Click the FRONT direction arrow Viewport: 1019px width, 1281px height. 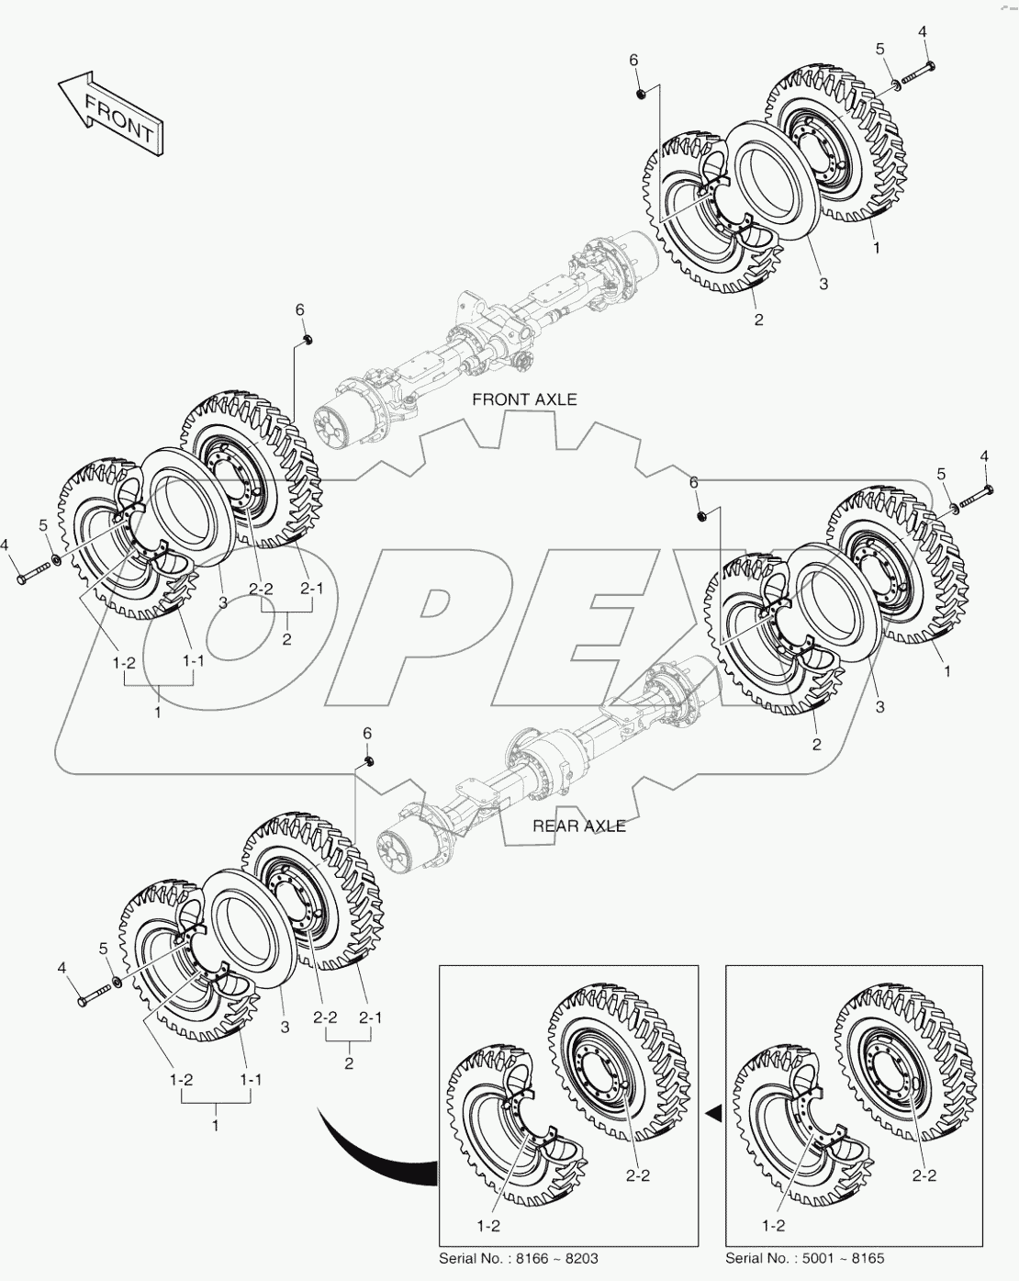coord(111,114)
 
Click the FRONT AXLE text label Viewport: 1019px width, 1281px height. coord(524,399)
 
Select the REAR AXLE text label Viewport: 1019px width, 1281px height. coord(579,826)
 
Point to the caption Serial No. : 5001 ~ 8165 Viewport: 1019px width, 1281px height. coord(805,1258)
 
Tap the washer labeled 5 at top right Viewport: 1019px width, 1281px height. coord(892,86)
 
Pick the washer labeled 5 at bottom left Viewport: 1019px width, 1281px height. coord(114,986)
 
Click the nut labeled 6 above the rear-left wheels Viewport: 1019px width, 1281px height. coord(367,762)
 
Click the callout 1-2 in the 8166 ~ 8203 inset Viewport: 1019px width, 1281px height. coord(489,1225)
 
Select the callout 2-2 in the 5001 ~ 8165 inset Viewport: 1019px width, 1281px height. coord(925,1174)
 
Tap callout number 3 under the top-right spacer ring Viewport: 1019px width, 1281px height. coord(823,284)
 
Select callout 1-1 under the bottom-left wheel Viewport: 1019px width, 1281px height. coord(251,1080)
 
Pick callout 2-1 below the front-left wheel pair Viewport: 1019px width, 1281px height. coord(312,588)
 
